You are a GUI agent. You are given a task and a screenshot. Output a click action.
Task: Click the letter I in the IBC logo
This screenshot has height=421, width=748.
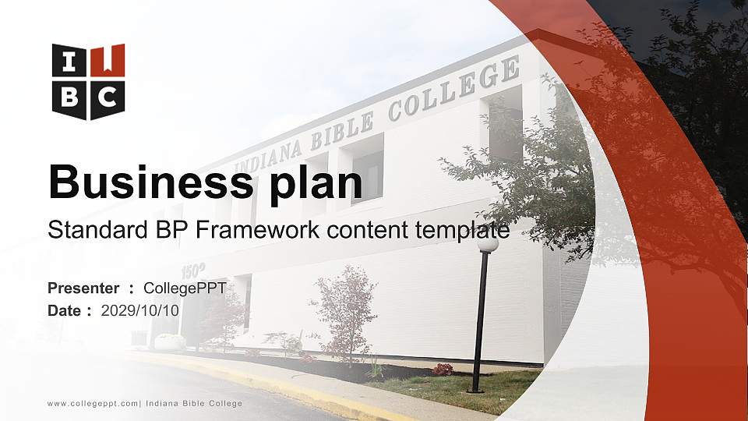tap(69, 60)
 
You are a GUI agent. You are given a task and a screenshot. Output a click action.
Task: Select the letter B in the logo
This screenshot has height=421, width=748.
tap(69, 97)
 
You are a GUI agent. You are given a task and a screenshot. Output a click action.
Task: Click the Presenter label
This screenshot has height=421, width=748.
tap(83, 288)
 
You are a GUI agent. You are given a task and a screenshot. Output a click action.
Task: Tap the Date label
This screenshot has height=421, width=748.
tap(65, 310)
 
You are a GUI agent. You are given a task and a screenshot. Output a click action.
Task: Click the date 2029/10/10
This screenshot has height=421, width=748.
tap(140, 310)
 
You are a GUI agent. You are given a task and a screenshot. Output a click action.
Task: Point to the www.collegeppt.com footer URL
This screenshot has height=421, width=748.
tap(93, 403)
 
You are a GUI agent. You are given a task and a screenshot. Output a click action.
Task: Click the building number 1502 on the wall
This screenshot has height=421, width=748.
tap(193, 271)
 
